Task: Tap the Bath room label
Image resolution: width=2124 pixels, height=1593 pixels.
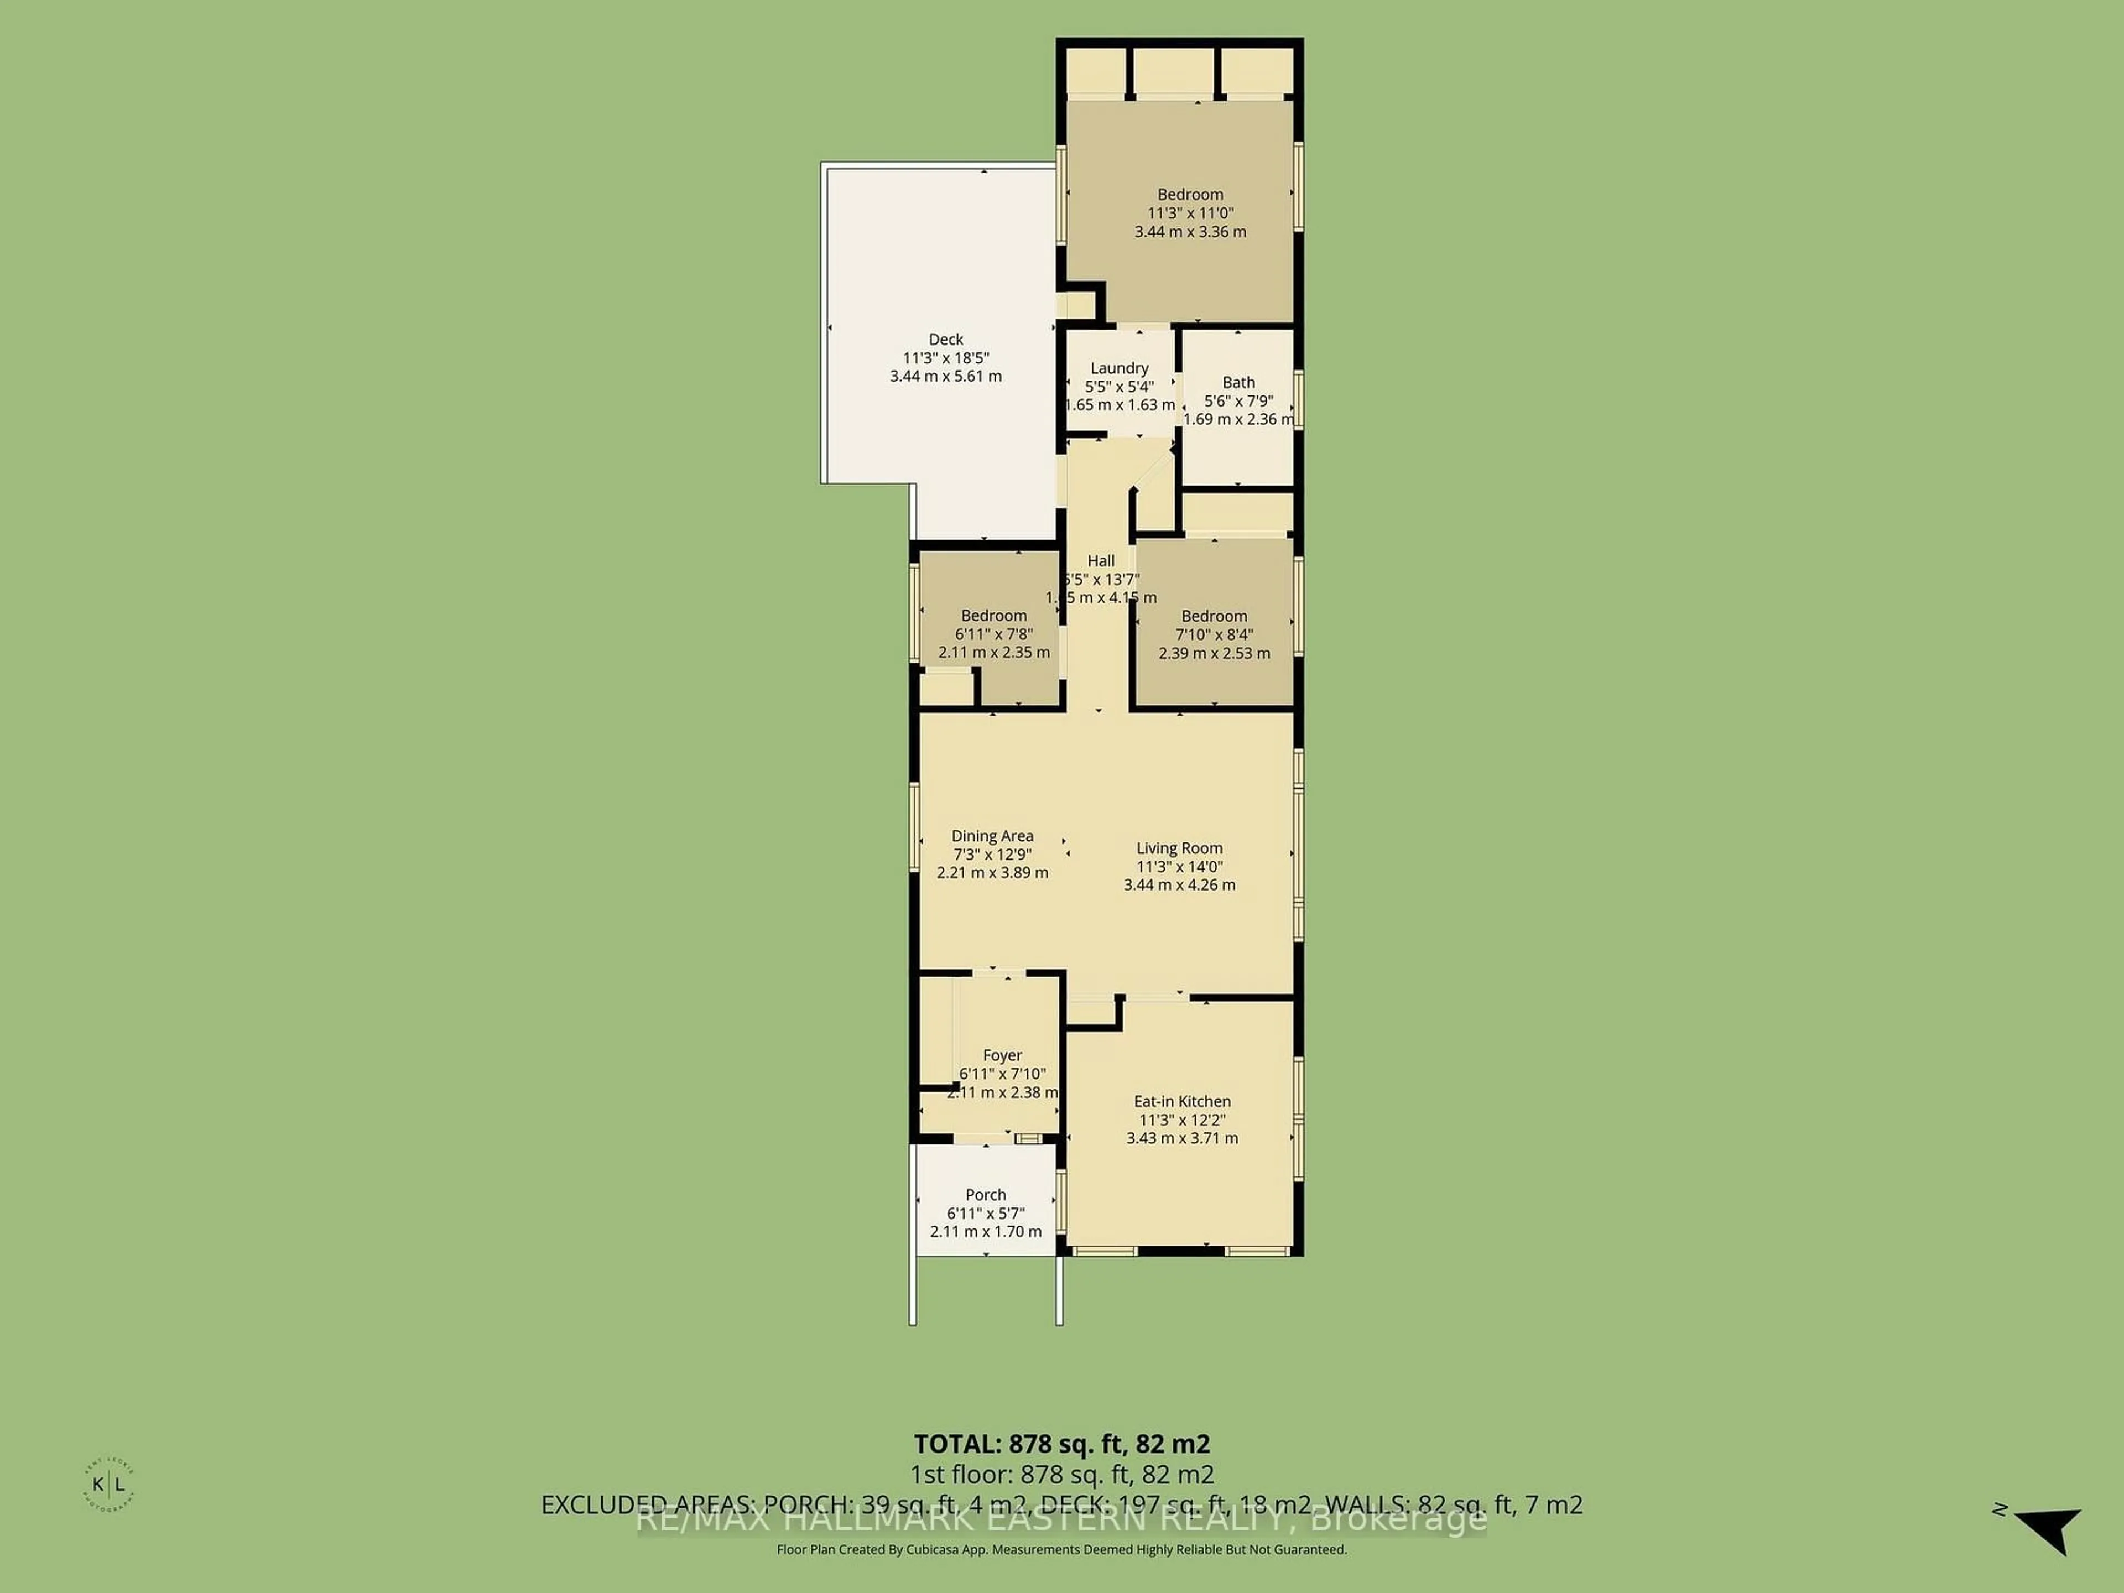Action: pos(1238,382)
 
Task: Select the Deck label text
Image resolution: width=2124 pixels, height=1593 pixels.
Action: pos(946,339)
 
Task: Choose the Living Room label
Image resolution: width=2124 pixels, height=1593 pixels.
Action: pos(1179,848)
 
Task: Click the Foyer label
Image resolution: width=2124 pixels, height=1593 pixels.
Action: pos(1002,1055)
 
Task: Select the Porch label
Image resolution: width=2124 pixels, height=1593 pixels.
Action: pos(985,1195)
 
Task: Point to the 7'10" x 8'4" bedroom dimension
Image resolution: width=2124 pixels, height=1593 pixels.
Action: pos(1214,634)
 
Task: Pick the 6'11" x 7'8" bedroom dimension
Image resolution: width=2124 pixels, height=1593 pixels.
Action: pos(994,634)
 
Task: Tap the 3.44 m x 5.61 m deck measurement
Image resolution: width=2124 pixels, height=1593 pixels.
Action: pos(946,377)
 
